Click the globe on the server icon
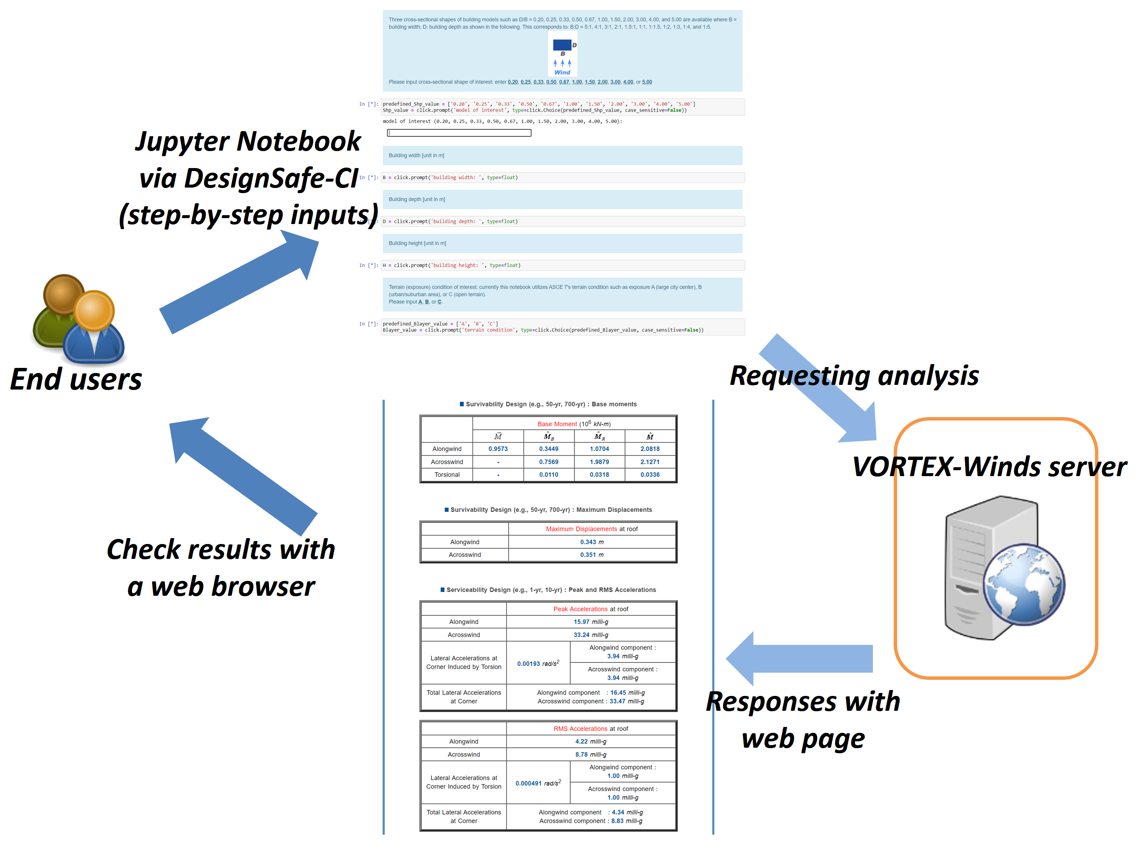coord(1024,584)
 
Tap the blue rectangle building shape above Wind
coord(562,45)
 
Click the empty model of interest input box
coord(459,133)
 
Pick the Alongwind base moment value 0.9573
coord(498,449)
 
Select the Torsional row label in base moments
coord(447,474)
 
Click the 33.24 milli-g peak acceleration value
coord(590,635)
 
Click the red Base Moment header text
coord(557,424)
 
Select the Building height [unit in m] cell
coord(417,243)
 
